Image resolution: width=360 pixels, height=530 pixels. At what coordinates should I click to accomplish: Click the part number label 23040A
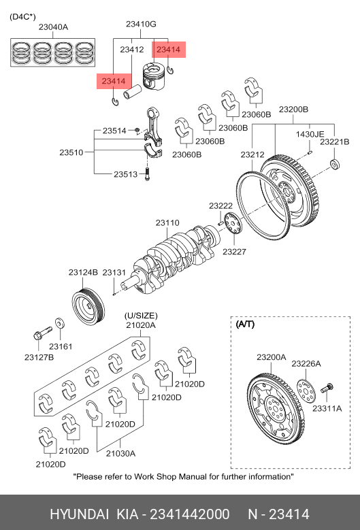pyautogui.click(x=53, y=27)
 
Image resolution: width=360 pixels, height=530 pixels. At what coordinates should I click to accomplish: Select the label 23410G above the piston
pyautogui.click(x=141, y=24)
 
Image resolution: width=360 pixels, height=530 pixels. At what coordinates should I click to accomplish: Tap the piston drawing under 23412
pyautogui.click(x=154, y=76)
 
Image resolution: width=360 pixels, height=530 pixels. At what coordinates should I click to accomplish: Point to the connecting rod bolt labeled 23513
pyautogui.click(x=147, y=173)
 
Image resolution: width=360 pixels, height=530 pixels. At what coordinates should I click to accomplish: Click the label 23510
pyautogui.click(x=71, y=152)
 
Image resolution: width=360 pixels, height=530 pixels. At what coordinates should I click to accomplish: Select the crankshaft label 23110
pyautogui.click(x=167, y=222)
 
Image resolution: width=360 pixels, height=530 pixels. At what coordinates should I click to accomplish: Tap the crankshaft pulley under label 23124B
pyautogui.click(x=88, y=307)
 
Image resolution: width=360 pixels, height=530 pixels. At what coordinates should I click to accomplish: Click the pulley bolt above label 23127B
pyautogui.click(x=43, y=333)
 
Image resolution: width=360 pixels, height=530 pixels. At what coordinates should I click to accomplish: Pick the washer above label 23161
pyautogui.click(x=60, y=323)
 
